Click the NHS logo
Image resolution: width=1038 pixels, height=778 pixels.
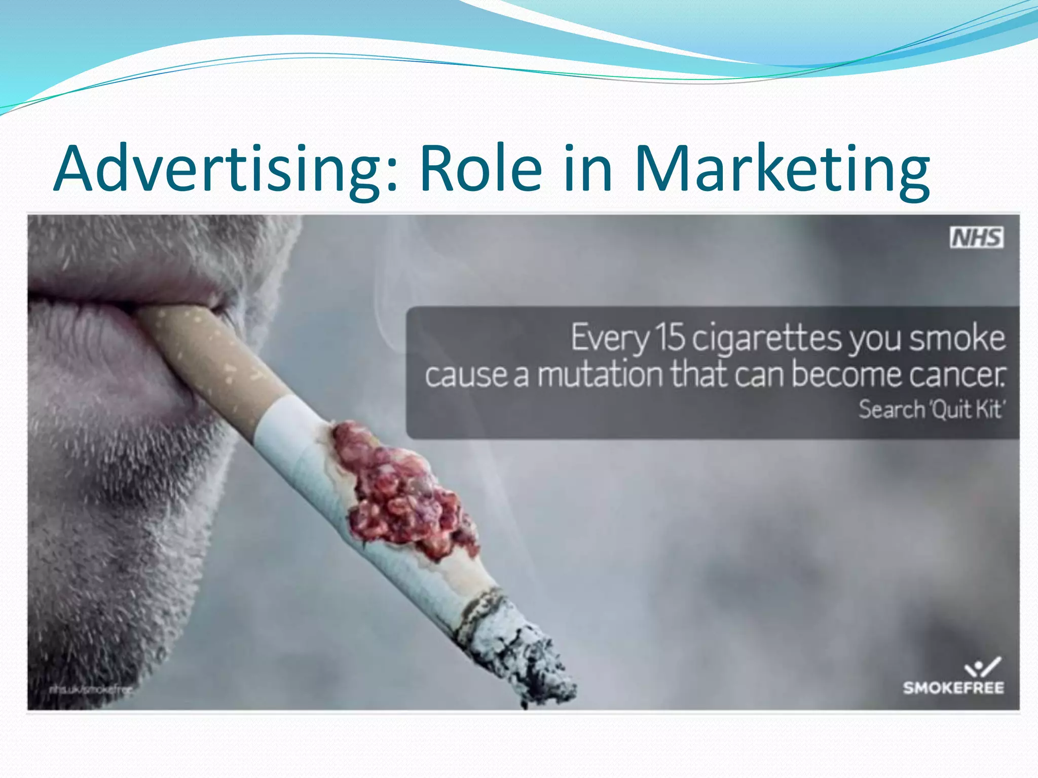[976, 238]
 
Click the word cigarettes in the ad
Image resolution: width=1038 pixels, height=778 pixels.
[767, 338]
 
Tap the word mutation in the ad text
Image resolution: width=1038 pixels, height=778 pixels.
[600, 375]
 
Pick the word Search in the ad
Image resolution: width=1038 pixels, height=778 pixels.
[892, 409]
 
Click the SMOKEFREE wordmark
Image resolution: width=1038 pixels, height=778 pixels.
[953, 688]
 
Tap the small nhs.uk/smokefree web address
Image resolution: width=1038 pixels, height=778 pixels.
[91, 689]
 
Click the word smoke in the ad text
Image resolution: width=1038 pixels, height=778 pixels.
[957, 338]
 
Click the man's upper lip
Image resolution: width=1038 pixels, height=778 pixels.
[127, 274]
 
